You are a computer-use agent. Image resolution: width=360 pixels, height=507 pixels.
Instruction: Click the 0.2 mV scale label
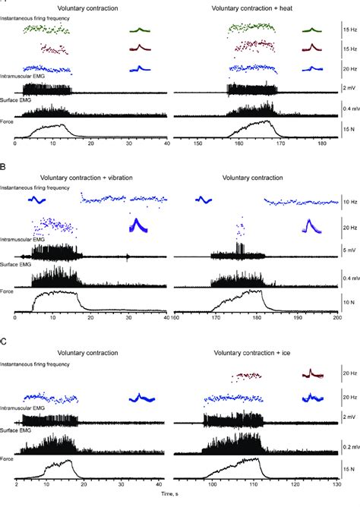349,446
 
